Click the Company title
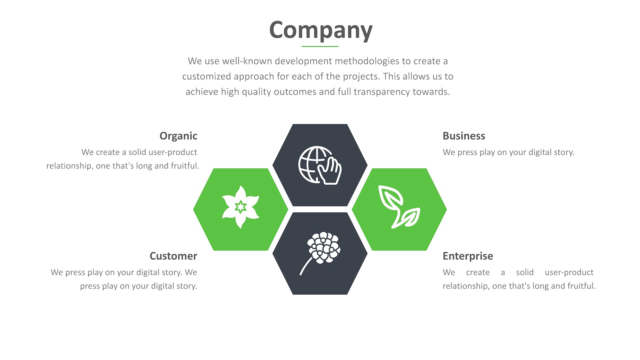[320, 30]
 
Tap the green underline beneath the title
[320, 46]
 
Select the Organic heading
[178, 136]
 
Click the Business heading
[464, 136]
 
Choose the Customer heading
[173, 256]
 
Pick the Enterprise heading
[468, 256]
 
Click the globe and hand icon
[320, 165]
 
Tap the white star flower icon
[241, 207]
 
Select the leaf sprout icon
[399, 207]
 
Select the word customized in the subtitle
[207, 77]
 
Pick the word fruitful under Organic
[185, 166]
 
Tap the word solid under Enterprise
[525, 272]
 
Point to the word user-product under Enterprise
[569, 272]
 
